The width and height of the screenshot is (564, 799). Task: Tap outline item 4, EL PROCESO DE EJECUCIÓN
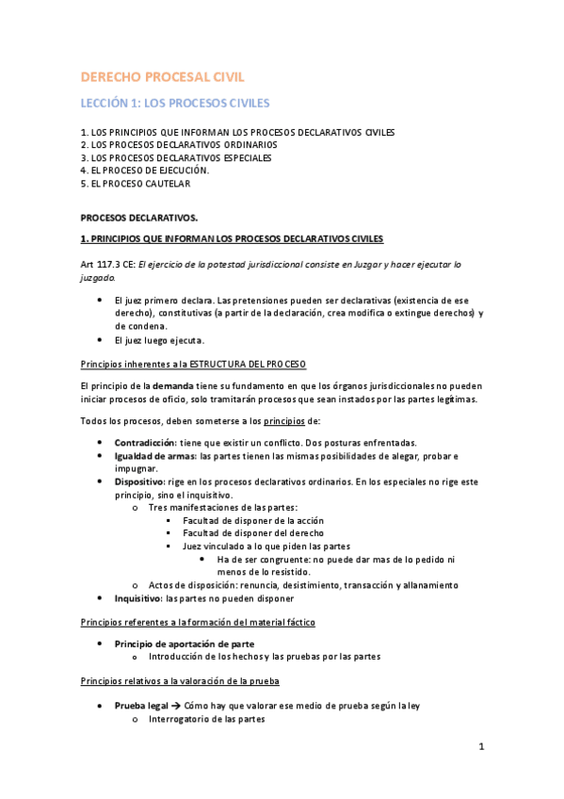coord(145,171)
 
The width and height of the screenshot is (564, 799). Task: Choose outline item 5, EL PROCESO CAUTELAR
coord(136,184)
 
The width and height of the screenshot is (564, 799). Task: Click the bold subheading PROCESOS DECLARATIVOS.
coord(138,217)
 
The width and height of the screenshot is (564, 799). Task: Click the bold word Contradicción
coord(144,443)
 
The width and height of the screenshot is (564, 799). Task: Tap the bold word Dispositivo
coord(140,481)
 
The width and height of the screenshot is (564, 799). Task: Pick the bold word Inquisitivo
coord(138,597)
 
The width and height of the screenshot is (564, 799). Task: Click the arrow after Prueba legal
coord(176,705)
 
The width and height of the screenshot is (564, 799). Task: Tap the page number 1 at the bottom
coord(480,747)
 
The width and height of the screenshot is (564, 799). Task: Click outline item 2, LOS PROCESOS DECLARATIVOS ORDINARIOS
coord(179,145)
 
